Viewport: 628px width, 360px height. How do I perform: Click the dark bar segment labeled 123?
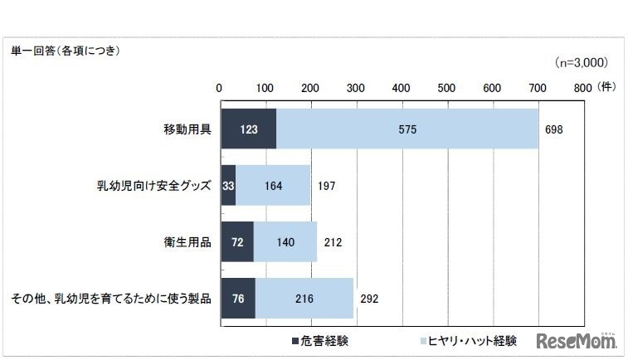248,130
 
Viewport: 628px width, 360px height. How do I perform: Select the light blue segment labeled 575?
407,130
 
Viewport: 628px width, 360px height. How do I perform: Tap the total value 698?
555,130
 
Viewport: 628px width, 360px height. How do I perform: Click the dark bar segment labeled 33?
228,186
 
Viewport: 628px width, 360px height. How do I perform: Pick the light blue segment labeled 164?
273,186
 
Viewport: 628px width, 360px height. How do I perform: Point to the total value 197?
326,186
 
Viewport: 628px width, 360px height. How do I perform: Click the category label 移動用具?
187,130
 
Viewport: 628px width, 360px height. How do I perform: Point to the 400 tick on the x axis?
402,87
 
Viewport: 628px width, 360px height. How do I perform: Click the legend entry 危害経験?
319,341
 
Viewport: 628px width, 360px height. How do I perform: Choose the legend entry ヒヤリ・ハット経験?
469,341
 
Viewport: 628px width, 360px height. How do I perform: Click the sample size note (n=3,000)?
581,62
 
